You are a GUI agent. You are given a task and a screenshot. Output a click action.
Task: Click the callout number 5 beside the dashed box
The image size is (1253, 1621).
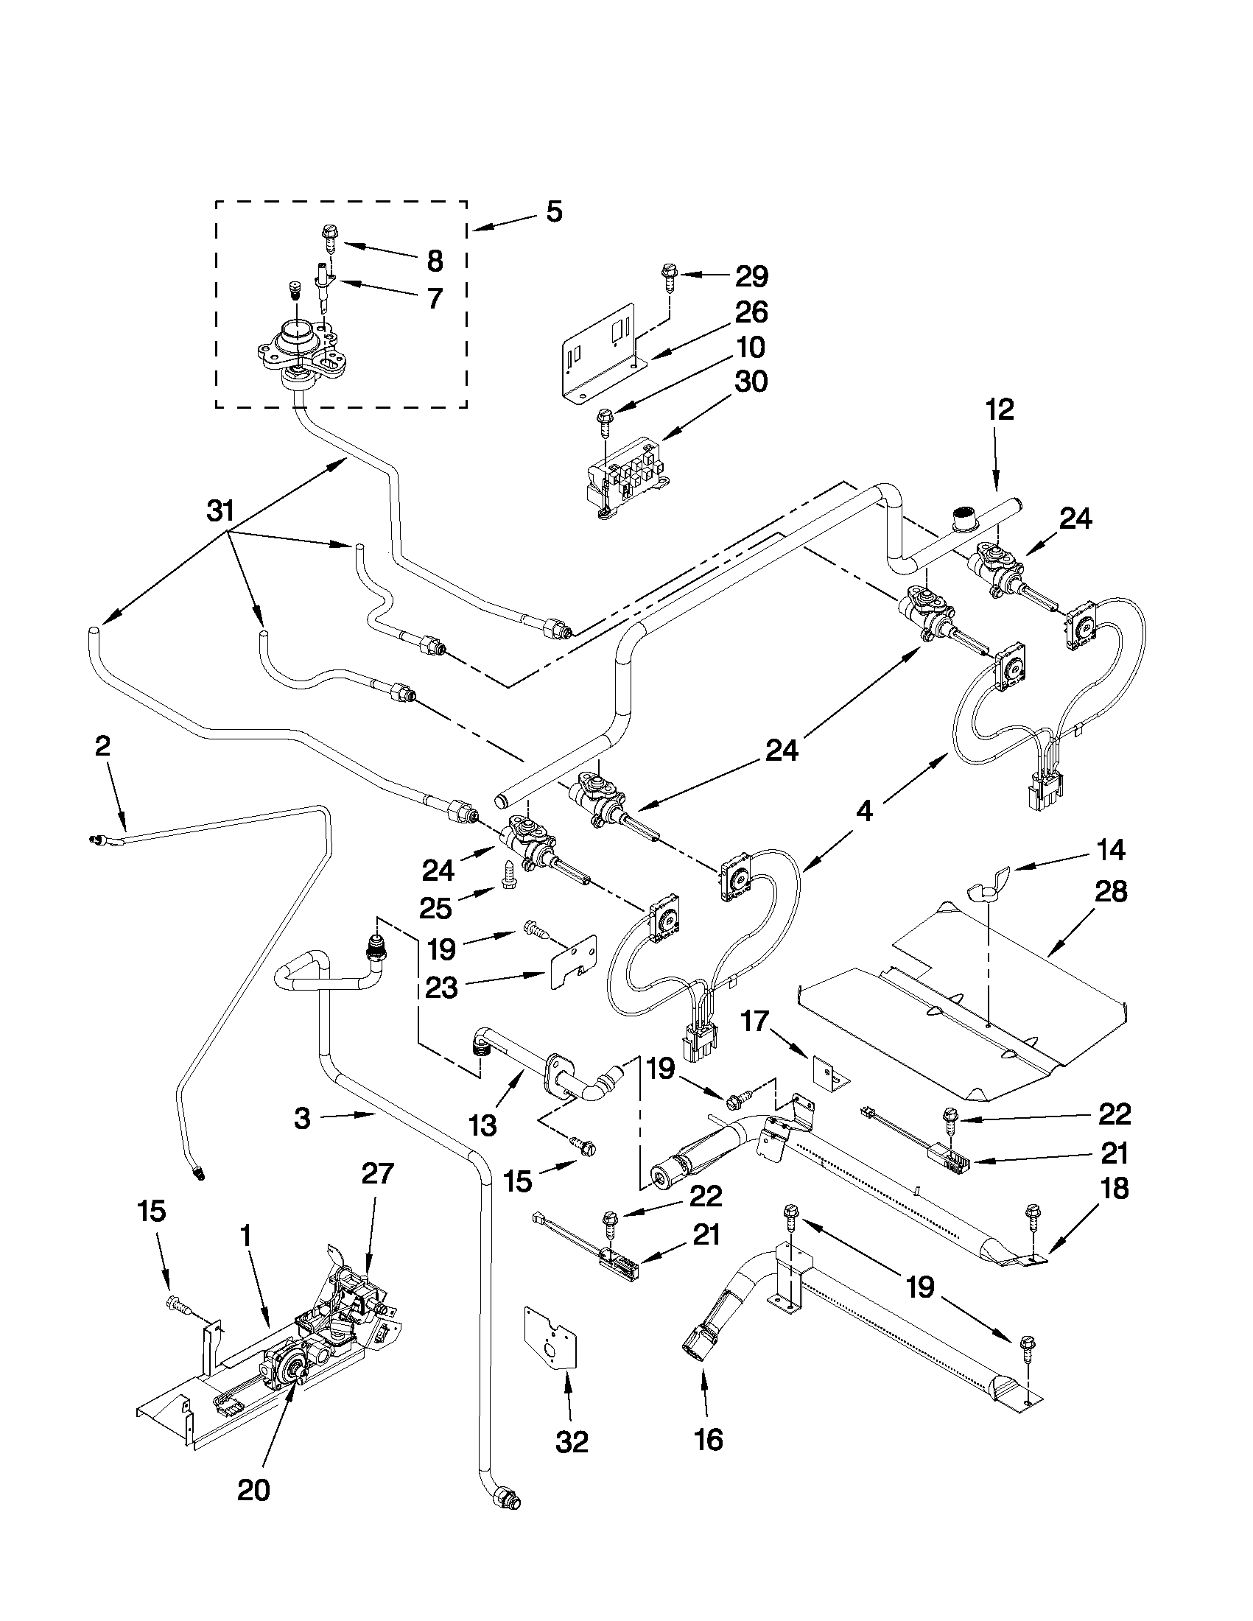[554, 212]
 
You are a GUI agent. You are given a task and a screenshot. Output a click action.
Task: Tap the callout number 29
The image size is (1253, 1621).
[751, 277]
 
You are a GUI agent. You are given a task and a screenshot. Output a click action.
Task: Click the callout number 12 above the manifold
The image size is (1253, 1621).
[999, 409]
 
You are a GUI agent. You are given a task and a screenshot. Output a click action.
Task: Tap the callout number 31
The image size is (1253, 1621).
[220, 511]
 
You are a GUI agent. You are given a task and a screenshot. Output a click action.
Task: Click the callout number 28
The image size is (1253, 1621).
[1110, 891]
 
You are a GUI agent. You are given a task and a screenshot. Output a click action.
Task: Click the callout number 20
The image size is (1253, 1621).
[253, 1491]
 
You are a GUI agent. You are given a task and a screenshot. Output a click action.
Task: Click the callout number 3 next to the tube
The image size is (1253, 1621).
[301, 1119]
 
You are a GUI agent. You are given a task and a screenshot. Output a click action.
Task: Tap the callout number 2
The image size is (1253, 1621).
[102, 745]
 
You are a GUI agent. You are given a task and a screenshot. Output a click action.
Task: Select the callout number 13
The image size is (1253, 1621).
[482, 1126]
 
